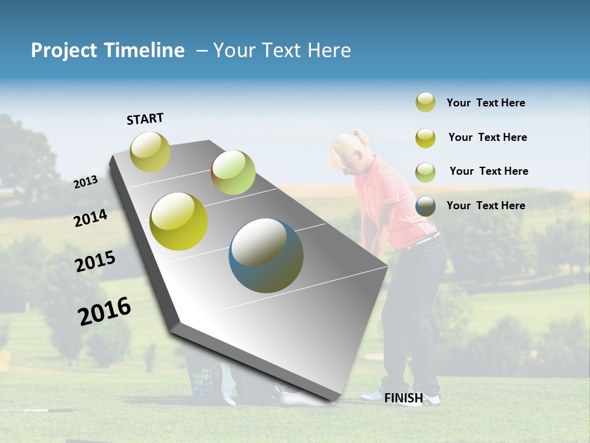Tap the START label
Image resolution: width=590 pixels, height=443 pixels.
pyautogui.click(x=145, y=119)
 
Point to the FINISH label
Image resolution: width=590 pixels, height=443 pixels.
pyautogui.click(x=403, y=398)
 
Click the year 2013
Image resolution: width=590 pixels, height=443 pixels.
pyautogui.click(x=86, y=182)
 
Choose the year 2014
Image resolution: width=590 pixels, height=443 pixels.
pyautogui.click(x=91, y=218)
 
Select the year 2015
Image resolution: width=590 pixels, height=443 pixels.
pyautogui.click(x=95, y=261)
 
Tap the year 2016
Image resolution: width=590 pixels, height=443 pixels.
pyautogui.click(x=104, y=311)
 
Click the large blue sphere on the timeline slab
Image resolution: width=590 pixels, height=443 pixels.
pyautogui.click(x=266, y=255)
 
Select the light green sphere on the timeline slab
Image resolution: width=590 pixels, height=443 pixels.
pyautogui.click(x=233, y=172)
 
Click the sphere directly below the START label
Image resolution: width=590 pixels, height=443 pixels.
pyautogui.click(x=151, y=151)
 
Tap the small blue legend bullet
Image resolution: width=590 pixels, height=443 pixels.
pyautogui.click(x=425, y=206)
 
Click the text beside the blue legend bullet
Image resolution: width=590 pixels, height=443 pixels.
pyautogui.click(x=486, y=206)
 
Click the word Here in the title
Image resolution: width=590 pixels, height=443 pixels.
pyautogui.click(x=329, y=50)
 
